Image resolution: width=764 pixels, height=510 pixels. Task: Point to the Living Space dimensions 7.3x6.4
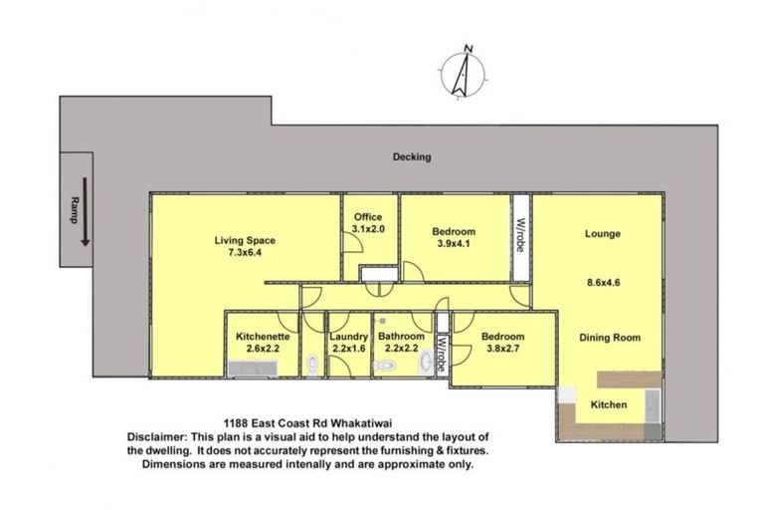pyautogui.click(x=244, y=253)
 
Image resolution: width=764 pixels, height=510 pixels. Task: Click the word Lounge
pyautogui.click(x=603, y=234)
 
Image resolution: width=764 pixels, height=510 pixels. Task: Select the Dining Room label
pyautogui.click(x=610, y=338)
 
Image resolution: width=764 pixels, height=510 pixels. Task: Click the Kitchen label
pyautogui.click(x=608, y=405)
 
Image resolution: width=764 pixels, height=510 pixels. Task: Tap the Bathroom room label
pyautogui.click(x=398, y=337)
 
